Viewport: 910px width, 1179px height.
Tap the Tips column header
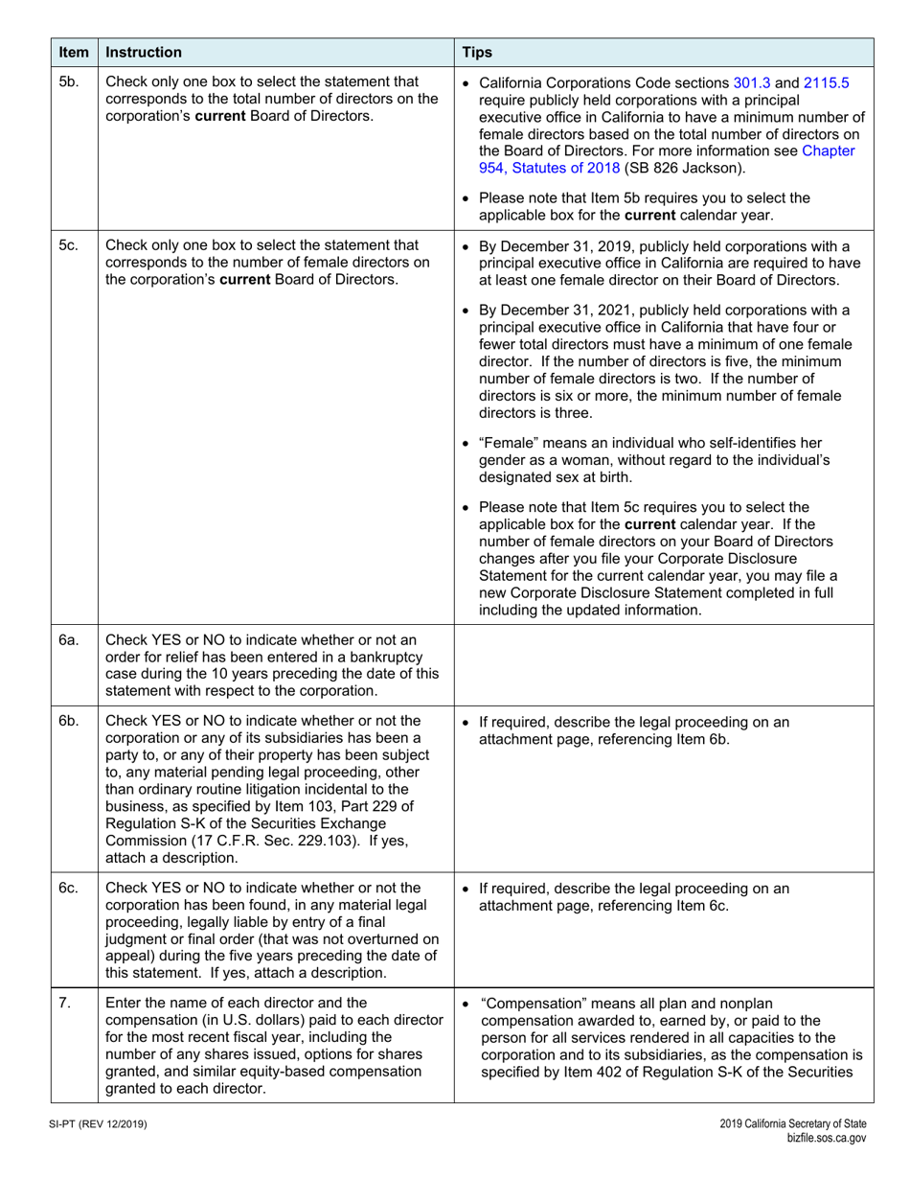tap(479, 53)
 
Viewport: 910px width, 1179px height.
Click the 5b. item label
tap(69, 82)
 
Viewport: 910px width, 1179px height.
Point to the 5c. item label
tap(69, 245)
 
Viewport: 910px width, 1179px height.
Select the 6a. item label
tap(69, 640)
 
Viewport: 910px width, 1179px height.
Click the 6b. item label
tap(69, 721)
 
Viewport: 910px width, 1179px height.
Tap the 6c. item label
tap(69, 888)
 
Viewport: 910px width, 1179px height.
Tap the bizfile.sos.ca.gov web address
tap(826, 1138)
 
